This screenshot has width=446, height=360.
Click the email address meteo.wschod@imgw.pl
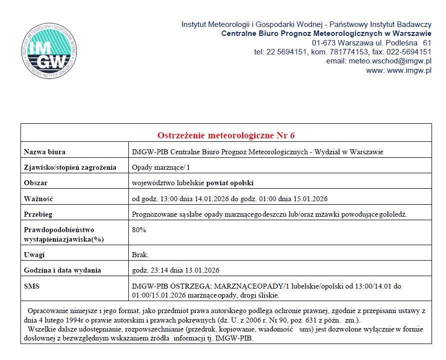[379, 61]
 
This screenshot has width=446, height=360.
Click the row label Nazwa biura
[45, 152]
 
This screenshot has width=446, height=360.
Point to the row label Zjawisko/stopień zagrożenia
[70, 167]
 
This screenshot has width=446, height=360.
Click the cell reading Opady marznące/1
[155, 167]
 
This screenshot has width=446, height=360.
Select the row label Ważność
[38, 199]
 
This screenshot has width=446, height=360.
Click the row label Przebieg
[38, 215]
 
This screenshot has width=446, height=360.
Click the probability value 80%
[139, 230]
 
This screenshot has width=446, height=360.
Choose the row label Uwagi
[34, 255]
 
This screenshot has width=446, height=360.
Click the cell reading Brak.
[140, 255]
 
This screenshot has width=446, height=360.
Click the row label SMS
[31, 286]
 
